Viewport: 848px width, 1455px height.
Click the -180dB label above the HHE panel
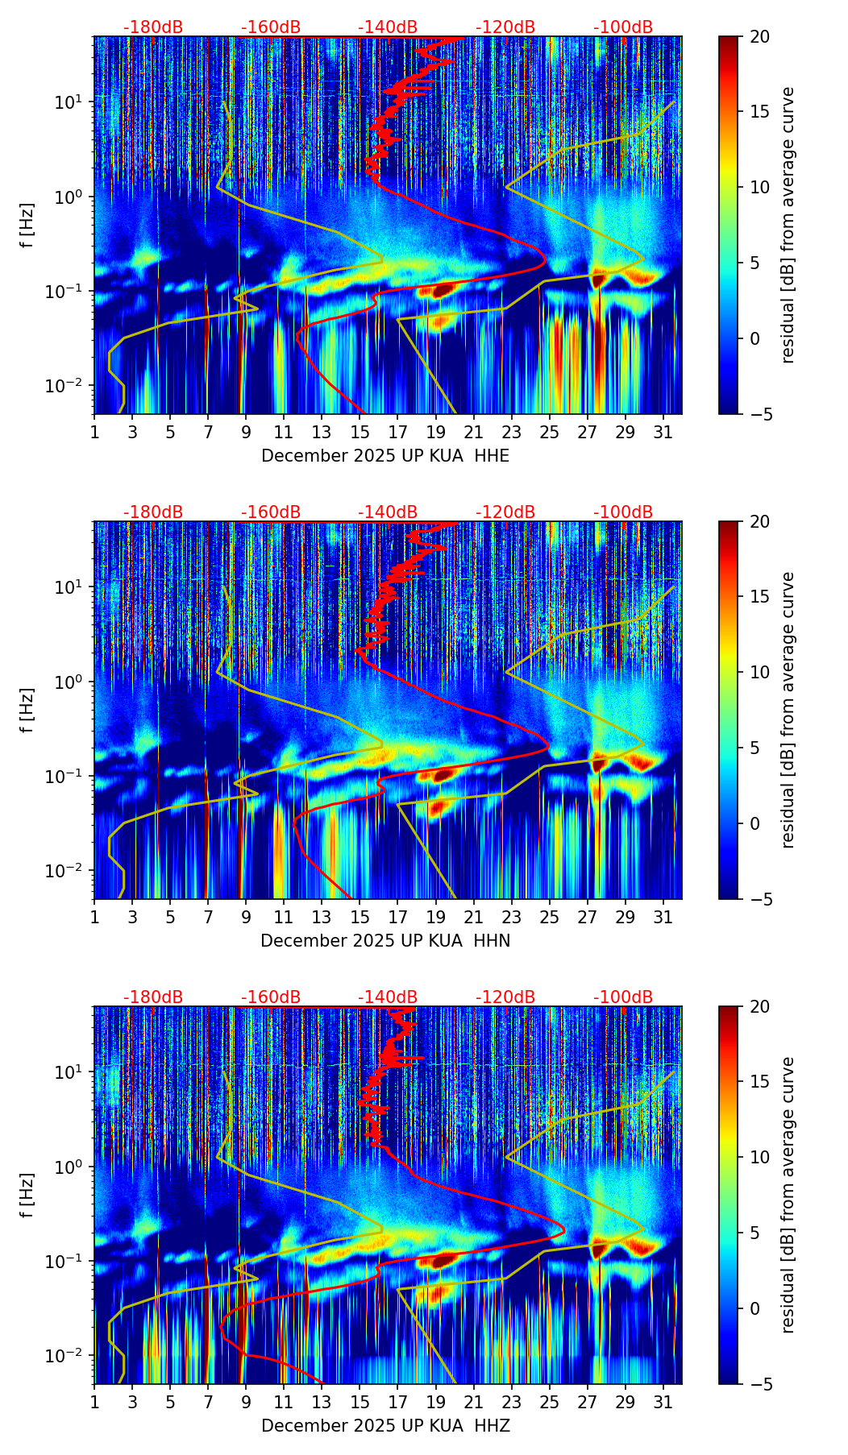point(153,27)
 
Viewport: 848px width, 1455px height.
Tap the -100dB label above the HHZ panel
point(623,997)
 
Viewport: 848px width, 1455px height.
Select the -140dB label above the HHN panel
point(388,512)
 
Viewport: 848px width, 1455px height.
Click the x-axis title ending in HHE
point(385,456)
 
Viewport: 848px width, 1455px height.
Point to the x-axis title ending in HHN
point(385,941)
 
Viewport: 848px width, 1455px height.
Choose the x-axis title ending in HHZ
point(385,1426)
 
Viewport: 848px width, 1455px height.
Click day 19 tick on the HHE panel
point(435,432)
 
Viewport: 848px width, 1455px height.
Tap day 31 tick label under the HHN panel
point(663,917)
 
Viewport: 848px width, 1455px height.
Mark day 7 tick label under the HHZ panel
point(208,1402)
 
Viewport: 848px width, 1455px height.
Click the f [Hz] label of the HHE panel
point(27,226)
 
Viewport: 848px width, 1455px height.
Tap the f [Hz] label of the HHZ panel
point(27,1196)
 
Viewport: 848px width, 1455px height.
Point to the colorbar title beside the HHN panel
point(788,710)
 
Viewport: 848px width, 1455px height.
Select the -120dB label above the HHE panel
point(505,27)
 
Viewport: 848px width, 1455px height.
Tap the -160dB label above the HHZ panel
point(271,997)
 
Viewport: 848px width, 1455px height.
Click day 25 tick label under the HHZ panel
point(549,1402)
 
